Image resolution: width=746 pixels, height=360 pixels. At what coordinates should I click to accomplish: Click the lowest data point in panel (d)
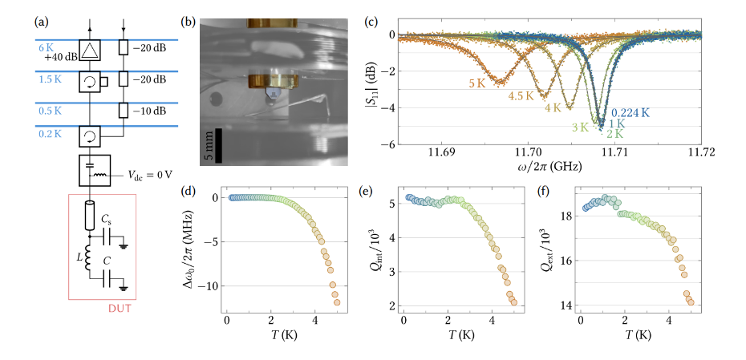337,302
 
